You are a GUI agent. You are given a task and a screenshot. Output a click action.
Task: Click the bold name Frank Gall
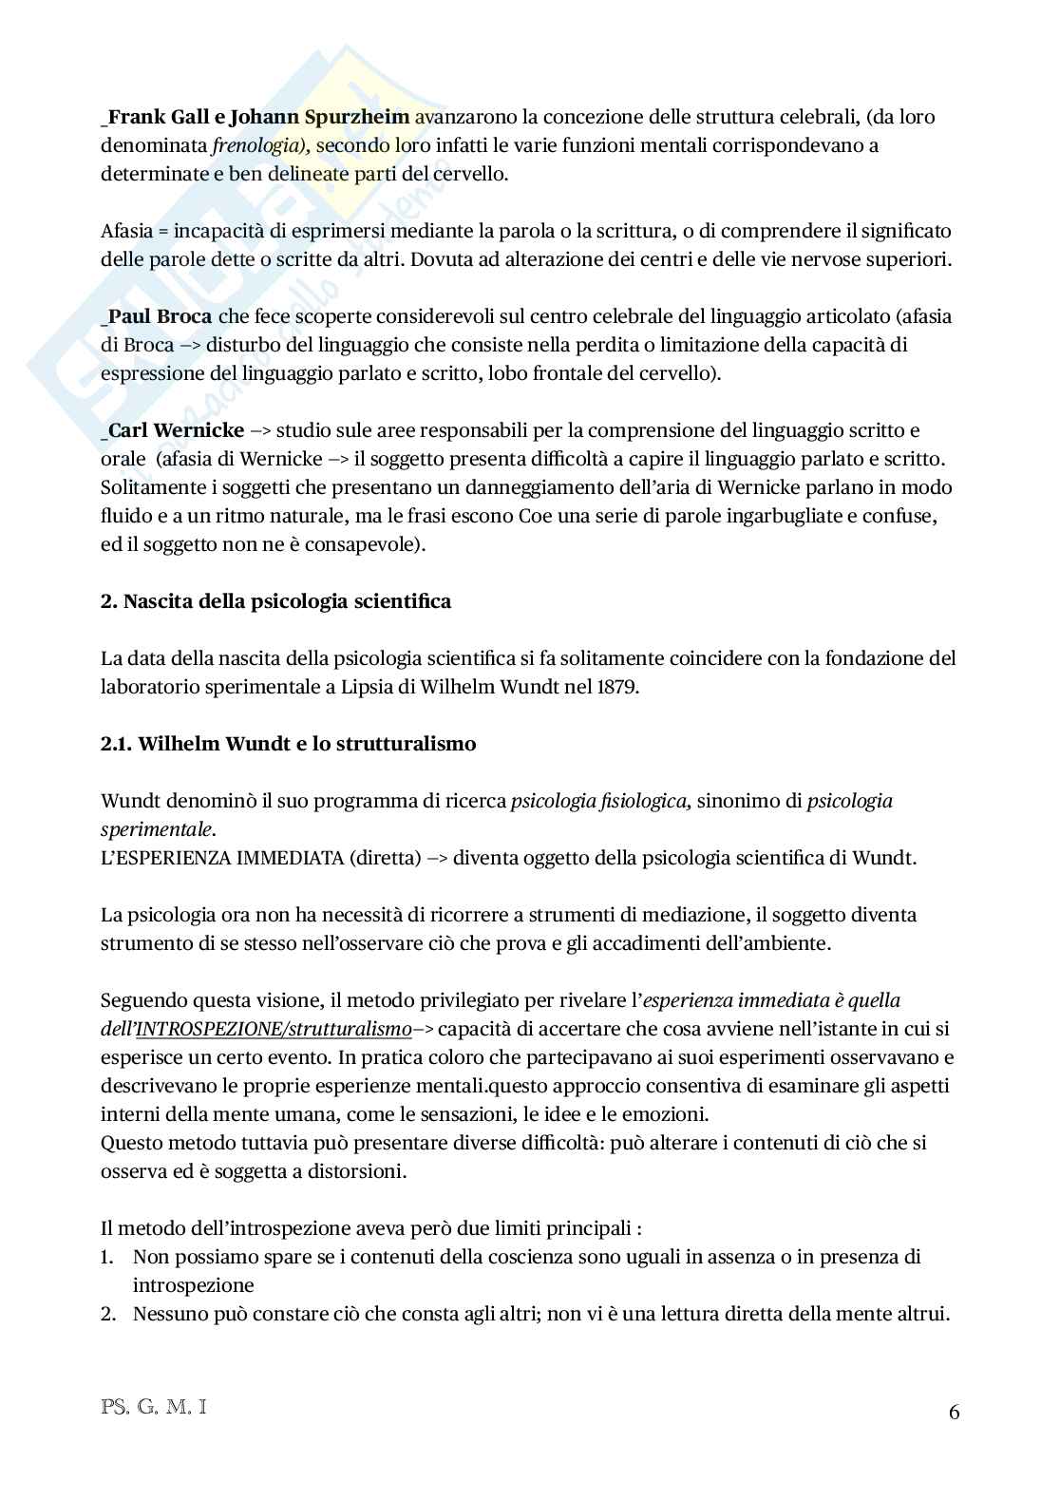pos(153,117)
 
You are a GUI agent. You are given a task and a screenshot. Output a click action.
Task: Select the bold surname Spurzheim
pos(357,117)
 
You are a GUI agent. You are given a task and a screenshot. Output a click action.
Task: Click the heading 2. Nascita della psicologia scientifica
pos(275,601)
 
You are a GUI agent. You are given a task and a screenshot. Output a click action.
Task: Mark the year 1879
pos(617,687)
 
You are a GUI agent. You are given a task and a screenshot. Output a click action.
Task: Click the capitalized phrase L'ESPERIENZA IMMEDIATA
pos(221,858)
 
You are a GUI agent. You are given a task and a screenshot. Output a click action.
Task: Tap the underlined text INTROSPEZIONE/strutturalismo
pos(274,1029)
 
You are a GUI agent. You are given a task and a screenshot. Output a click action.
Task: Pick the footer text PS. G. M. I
pos(153,1406)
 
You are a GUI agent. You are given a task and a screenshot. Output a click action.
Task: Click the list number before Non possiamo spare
pos(107,1257)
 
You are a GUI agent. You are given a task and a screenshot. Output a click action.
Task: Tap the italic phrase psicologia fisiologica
pos(598,801)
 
